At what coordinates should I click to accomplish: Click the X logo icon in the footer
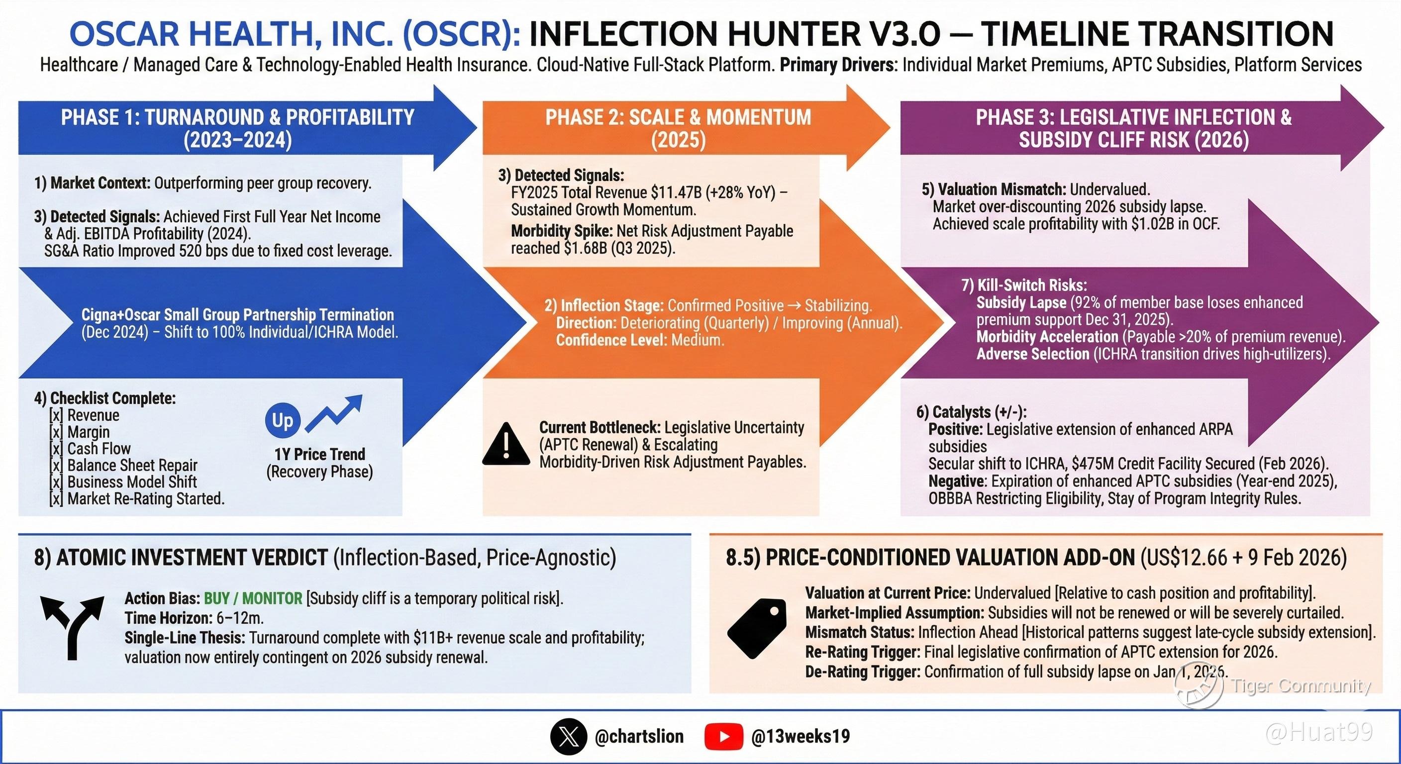pos(568,737)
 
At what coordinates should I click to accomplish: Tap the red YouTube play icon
pos(723,737)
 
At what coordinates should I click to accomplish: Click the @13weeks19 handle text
pos(800,737)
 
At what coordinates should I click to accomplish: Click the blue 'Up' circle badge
pos(282,420)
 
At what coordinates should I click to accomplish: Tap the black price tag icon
pos(757,628)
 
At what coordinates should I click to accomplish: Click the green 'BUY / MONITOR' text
pos(253,599)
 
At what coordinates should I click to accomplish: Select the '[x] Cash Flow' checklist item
pos(90,449)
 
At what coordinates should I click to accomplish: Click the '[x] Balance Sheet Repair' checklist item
pos(123,466)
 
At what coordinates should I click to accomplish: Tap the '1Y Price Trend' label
pos(319,454)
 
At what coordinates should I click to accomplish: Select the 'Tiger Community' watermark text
pos(1301,686)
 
